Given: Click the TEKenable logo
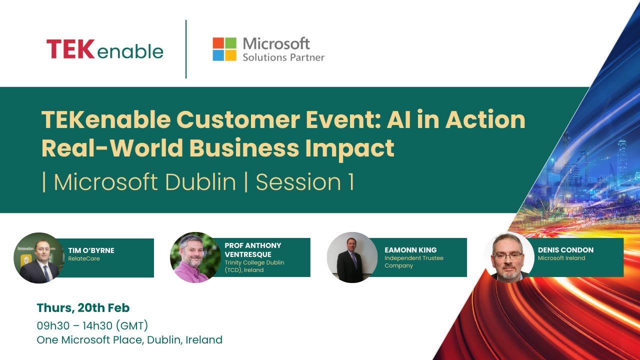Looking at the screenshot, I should coord(105,50).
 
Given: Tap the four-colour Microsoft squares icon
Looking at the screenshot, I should coord(224,49).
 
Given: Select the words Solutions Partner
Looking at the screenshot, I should coord(283,57).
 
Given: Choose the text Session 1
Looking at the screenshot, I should coord(305,182).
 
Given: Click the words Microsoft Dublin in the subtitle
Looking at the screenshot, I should coord(145,182).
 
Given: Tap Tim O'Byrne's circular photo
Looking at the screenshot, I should coord(39,258).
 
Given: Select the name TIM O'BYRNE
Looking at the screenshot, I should coord(91,250).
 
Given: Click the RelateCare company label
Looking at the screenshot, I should coord(84,258).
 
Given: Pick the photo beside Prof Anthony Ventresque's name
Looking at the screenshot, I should coord(195,257).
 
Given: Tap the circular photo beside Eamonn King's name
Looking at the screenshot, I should coord(352,257).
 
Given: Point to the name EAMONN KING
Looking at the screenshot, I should coord(410,250).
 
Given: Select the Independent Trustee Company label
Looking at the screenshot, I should coord(414,261).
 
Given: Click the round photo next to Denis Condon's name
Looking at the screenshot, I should coord(509,257).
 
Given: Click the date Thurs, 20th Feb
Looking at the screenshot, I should coord(83,308).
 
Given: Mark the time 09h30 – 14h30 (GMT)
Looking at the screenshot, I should coord(92,326).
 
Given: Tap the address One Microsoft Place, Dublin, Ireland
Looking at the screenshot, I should coord(129,340).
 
